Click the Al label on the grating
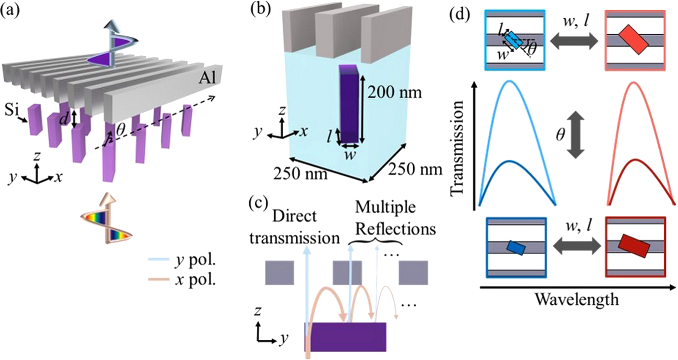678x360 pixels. point(208,77)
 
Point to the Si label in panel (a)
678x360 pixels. point(12,110)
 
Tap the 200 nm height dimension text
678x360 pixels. point(394,93)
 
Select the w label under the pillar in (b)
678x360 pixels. point(349,155)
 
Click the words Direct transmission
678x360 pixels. point(294,227)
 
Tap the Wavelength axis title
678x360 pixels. point(576,299)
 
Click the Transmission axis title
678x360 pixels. point(457,148)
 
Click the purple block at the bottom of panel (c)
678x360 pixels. point(345,337)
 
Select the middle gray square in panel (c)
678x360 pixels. point(347,272)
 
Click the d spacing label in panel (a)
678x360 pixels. point(64,119)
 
